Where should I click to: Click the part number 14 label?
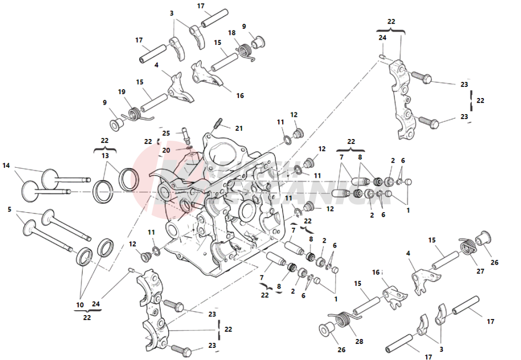click(6, 165)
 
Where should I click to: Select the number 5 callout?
click(9, 209)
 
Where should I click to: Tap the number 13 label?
click(105, 157)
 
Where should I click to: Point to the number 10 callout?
click(80, 305)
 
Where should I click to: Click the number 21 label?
click(238, 128)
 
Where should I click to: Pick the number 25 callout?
click(166, 133)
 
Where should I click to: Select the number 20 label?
click(166, 151)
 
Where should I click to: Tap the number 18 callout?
click(231, 33)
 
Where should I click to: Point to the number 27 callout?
click(479, 271)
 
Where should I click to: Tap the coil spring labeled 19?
click(134, 115)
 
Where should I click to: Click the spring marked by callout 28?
click(343, 321)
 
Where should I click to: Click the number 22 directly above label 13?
click(105, 142)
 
